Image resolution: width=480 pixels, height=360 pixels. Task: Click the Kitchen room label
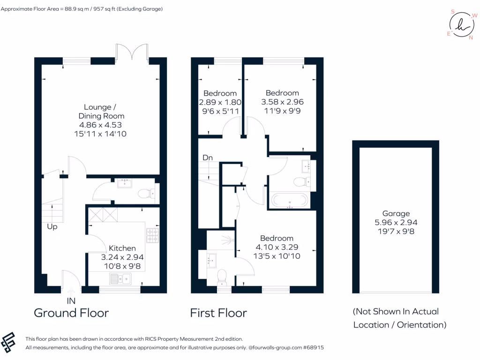122,248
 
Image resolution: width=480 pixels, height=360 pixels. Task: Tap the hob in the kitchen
153,235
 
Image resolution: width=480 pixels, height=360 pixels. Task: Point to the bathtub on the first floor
290,201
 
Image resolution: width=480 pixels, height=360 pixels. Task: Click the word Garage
395,213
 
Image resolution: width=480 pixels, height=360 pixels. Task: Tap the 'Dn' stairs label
208,158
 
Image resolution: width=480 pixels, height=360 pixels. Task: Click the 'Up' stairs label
52,227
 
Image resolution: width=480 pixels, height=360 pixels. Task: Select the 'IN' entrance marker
71,300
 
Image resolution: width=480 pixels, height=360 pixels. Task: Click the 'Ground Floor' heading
71,313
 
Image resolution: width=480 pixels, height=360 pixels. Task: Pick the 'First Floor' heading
218,313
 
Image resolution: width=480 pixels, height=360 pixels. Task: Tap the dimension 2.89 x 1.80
220,102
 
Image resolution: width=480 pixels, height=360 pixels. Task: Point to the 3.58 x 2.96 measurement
282,102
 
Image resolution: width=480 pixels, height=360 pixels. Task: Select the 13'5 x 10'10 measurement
277,256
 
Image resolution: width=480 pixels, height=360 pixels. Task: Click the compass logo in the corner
460,24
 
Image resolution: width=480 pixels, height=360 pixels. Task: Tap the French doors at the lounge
132,52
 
